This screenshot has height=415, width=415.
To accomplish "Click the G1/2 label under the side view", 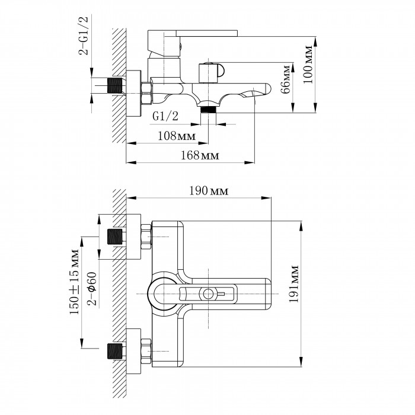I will coord(163,116).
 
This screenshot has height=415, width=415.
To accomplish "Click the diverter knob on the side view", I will coord(210,73).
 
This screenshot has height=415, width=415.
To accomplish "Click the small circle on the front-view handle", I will coord(207,293).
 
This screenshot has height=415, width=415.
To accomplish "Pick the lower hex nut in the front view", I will coord(145,352).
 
